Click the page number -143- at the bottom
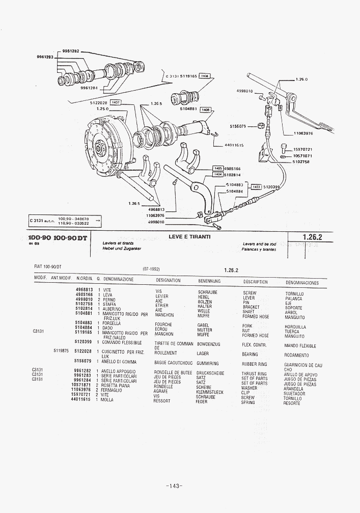[174, 486]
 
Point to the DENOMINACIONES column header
[302, 282]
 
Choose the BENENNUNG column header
[209, 281]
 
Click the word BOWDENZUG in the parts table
[208, 344]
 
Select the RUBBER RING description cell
[254, 364]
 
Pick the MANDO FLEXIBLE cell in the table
[300, 346]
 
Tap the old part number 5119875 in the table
[61, 351]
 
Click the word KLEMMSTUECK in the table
[210, 392]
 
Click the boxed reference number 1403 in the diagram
[256, 187]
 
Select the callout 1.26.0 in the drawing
[301, 79]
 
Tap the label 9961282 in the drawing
[70, 51]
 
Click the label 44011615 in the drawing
[234, 145]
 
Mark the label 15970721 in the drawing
[302, 149]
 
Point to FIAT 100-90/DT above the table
[47, 266]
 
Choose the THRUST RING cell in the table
[254, 374]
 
